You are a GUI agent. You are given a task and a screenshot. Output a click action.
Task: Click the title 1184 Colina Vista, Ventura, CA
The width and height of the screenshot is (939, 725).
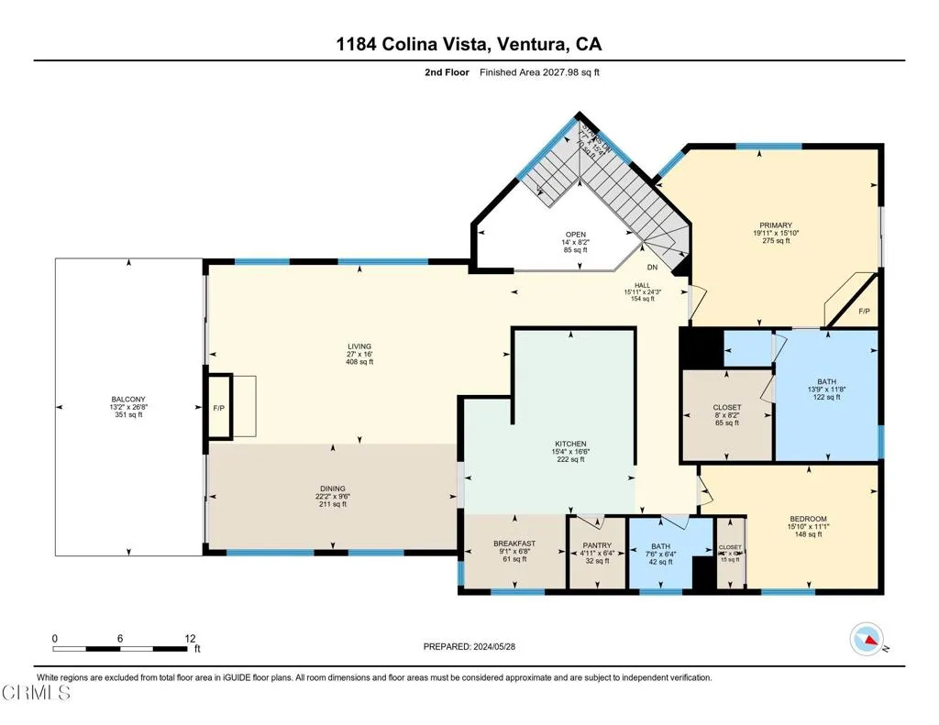pyautogui.click(x=469, y=44)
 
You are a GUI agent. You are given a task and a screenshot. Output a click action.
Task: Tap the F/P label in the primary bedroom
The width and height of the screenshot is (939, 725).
pyautogui.click(x=864, y=312)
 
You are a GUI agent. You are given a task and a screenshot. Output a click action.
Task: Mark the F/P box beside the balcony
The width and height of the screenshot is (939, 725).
pyautogui.click(x=218, y=407)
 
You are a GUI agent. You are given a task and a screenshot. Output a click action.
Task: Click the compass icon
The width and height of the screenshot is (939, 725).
pyautogui.click(x=867, y=637)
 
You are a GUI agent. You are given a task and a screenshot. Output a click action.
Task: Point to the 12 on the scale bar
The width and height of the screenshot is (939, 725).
pyautogui.click(x=190, y=638)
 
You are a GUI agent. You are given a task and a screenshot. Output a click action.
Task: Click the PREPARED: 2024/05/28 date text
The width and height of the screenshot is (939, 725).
pyautogui.click(x=469, y=646)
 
